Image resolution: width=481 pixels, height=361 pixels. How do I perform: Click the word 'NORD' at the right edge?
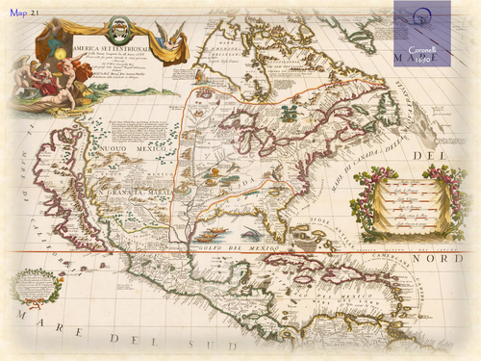click(x=455, y=260)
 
